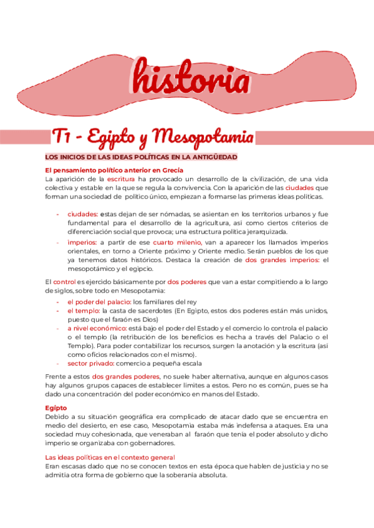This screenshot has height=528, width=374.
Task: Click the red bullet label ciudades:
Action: [82, 214]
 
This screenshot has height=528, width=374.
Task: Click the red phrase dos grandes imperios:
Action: [282, 260]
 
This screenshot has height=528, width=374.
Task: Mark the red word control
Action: [64, 282]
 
